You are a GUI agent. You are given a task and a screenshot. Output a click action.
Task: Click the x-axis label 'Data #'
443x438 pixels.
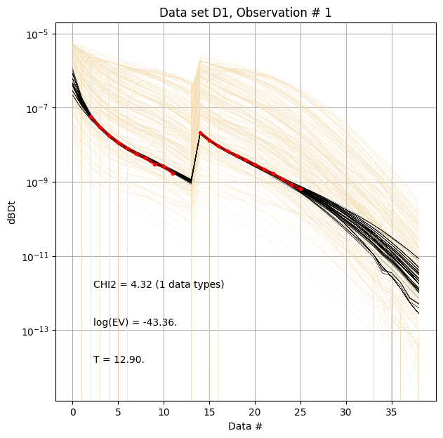[x=245, y=426]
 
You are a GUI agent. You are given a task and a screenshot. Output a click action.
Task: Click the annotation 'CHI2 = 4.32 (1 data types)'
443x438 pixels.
[x=159, y=285]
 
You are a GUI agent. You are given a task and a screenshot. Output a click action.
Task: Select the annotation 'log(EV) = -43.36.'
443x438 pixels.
[x=135, y=323]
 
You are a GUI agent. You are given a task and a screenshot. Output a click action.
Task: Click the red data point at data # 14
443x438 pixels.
[x=200, y=133]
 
